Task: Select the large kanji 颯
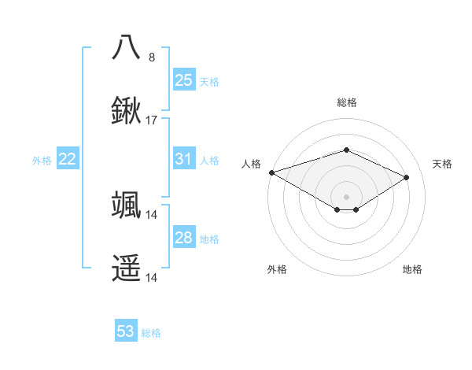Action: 127,205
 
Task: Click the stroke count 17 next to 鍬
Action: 152,120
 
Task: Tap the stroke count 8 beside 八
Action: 152,57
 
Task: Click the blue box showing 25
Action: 183,80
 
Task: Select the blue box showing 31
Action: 183,159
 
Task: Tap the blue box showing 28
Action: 183,238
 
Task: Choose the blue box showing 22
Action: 68,159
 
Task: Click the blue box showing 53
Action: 126,331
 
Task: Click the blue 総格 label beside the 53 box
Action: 151,333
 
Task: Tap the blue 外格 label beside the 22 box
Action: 42,161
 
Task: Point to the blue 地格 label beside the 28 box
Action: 209,239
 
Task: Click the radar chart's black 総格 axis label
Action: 346,102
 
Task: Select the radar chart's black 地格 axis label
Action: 412,269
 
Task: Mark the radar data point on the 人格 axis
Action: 271,172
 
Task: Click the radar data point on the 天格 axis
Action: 407,177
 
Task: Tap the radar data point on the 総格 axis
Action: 346,150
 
